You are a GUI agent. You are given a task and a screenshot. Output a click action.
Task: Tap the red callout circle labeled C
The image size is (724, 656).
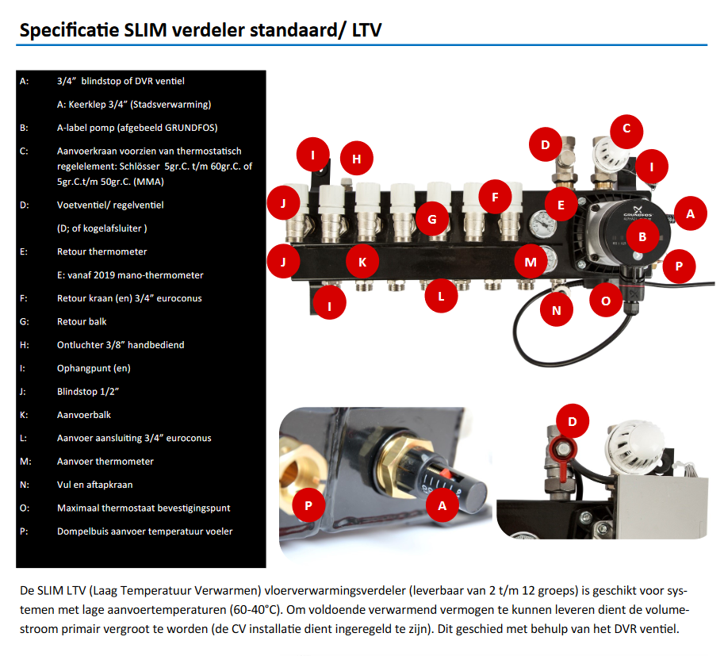(626, 128)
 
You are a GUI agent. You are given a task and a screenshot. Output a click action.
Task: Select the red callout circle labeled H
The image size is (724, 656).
(357, 159)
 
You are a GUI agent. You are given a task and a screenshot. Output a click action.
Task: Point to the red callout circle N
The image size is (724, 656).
(557, 310)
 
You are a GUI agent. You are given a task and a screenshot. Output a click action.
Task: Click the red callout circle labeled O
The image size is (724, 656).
(607, 301)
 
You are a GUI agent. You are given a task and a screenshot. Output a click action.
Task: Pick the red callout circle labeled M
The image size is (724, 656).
(530, 261)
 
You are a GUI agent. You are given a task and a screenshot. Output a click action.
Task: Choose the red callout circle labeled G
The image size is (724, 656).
(432, 218)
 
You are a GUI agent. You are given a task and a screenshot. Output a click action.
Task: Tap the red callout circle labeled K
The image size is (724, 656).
(362, 261)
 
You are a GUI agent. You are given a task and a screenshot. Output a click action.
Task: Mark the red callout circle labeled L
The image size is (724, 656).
(442, 297)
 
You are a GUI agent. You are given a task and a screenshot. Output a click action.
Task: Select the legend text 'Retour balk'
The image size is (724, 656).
(82, 322)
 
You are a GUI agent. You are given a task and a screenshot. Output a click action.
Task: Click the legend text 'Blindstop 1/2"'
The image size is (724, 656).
(88, 392)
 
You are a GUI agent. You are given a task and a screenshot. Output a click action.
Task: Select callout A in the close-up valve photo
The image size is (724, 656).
(442, 504)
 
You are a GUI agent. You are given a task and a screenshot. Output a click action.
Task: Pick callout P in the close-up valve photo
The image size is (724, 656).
(308, 504)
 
